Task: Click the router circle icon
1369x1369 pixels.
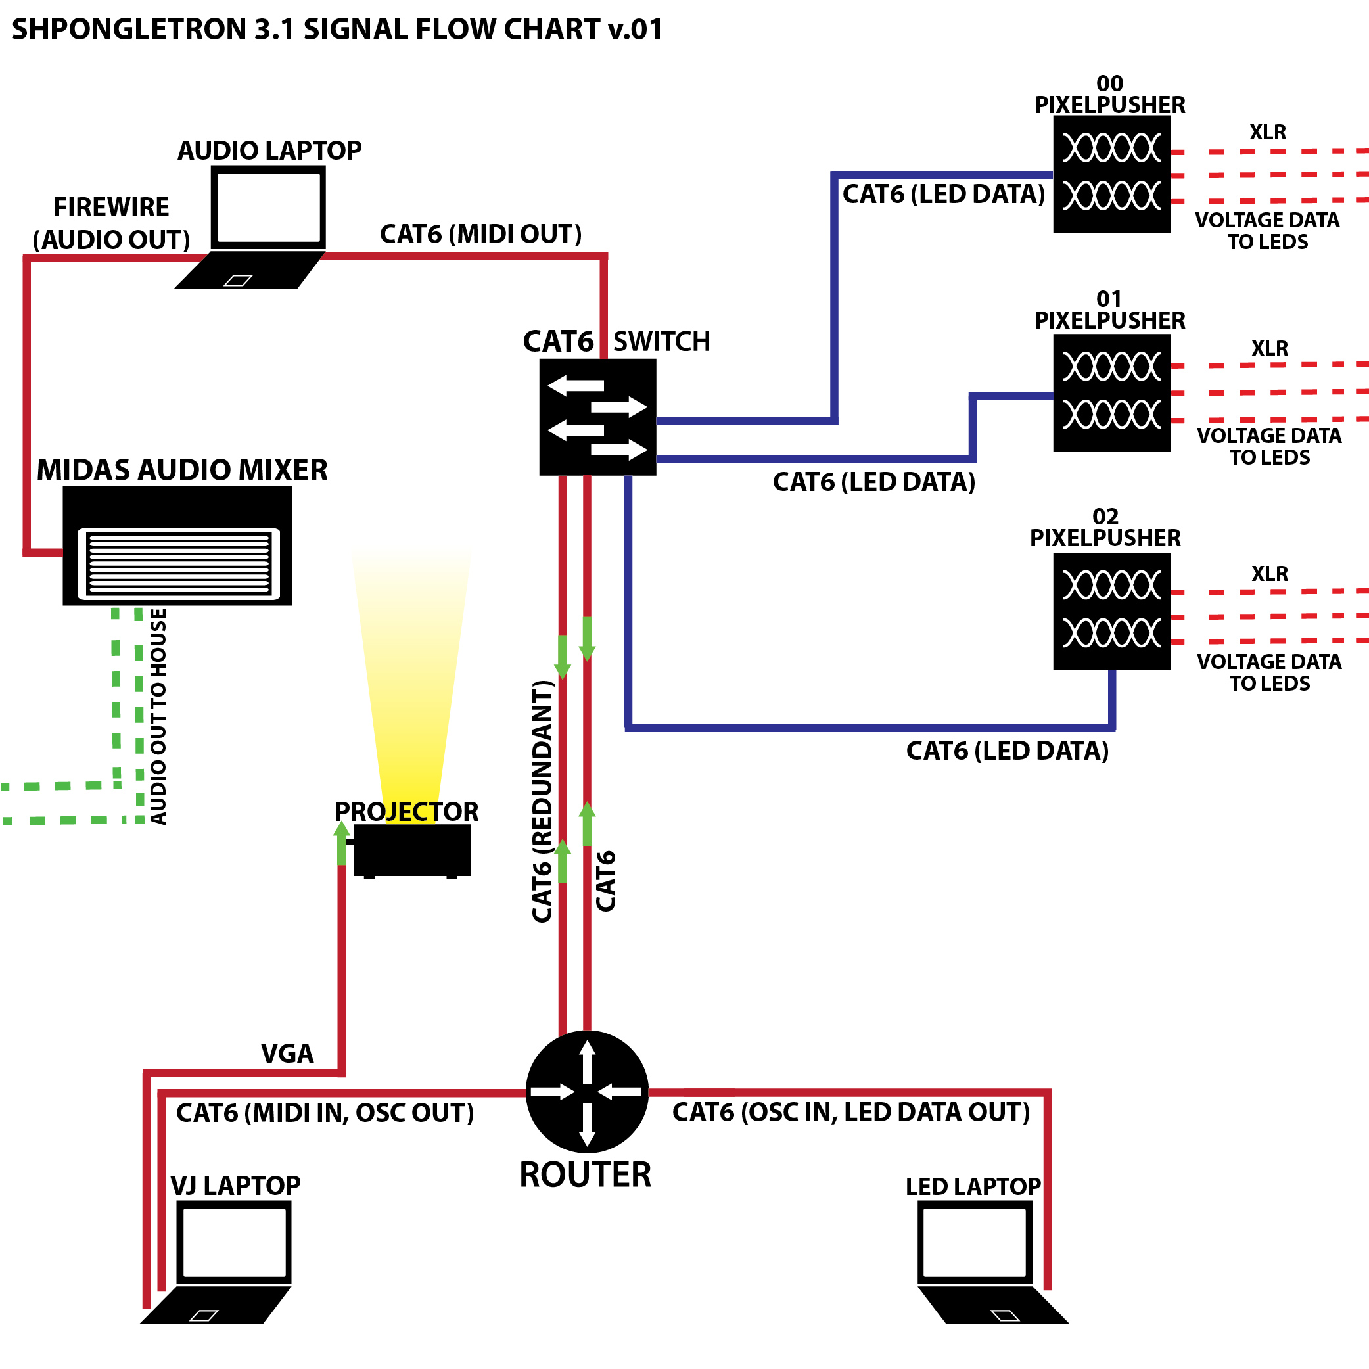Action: [587, 1091]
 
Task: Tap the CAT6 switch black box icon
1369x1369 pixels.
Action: [597, 417]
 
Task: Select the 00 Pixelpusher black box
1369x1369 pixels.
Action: [1111, 174]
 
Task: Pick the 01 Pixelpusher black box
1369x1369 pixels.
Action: [1111, 392]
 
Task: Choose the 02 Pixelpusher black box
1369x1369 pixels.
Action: [1111, 611]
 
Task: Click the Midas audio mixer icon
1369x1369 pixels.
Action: [177, 545]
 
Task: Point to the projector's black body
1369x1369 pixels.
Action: [411, 850]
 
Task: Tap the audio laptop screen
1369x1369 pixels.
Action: [269, 207]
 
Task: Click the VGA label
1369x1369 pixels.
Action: [287, 1054]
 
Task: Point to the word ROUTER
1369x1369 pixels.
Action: [586, 1175]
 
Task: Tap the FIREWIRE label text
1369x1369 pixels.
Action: [111, 208]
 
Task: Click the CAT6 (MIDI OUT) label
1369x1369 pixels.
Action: [480, 235]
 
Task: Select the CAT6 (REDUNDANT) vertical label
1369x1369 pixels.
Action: [542, 801]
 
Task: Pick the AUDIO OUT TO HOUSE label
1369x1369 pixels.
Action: [158, 716]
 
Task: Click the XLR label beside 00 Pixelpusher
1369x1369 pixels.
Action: [1267, 133]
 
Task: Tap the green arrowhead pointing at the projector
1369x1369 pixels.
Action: [342, 831]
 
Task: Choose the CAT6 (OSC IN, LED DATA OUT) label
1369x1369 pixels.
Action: [850, 1113]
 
